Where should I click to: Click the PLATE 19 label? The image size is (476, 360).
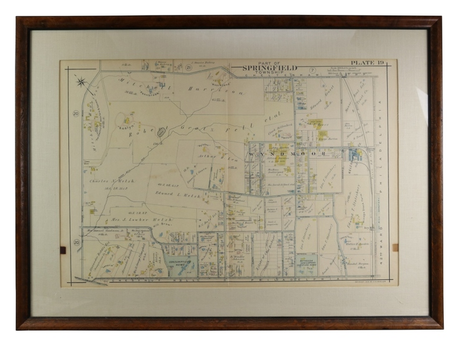click(x=367, y=63)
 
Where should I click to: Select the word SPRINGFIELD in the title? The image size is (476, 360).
click(x=269, y=67)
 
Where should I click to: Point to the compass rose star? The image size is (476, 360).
click(x=81, y=81)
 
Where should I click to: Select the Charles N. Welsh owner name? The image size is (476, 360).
click(x=109, y=181)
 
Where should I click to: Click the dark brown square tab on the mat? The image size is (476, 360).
click(x=62, y=250)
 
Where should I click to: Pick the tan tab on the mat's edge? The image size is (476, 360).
click(x=395, y=247)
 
